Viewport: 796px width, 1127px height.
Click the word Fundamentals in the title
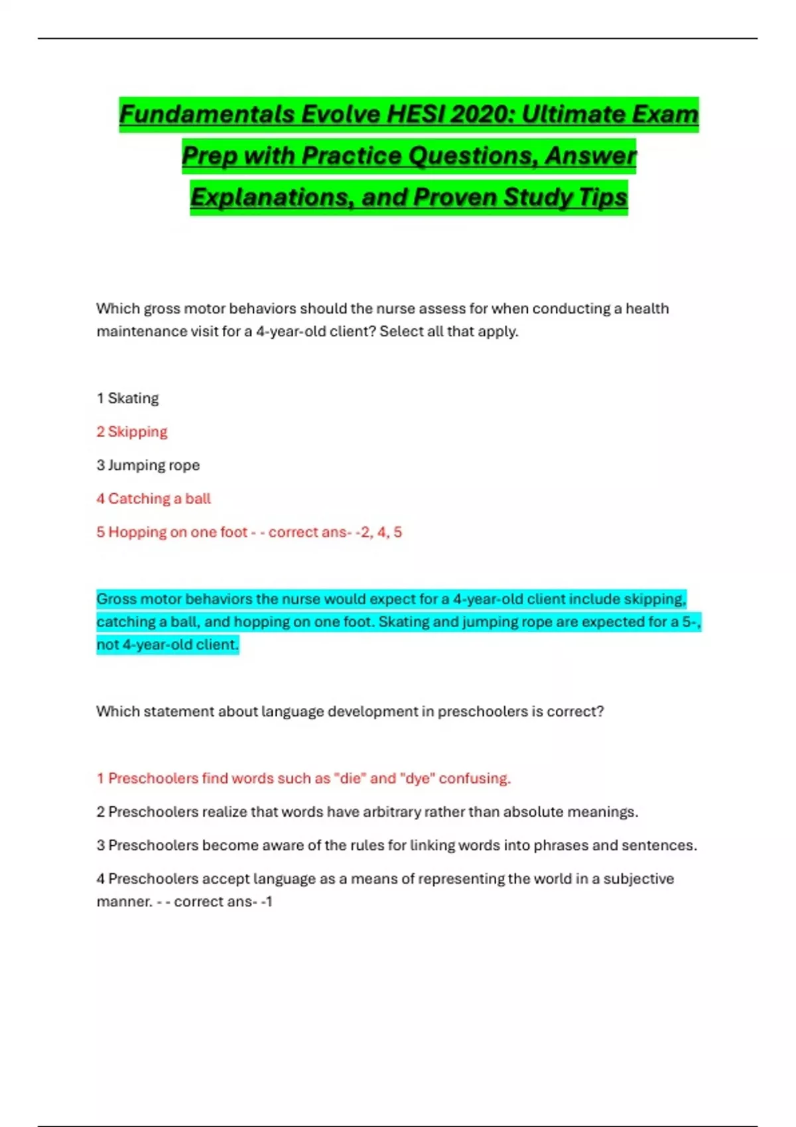tap(207, 114)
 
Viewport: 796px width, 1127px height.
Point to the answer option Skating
tap(133, 398)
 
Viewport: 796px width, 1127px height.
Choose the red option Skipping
tap(137, 432)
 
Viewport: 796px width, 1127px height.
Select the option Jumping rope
tap(153, 465)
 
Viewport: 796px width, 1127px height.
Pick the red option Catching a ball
tap(159, 499)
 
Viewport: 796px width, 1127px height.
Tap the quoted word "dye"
tap(416, 778)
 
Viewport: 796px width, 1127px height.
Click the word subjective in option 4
tap(638, 879)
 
